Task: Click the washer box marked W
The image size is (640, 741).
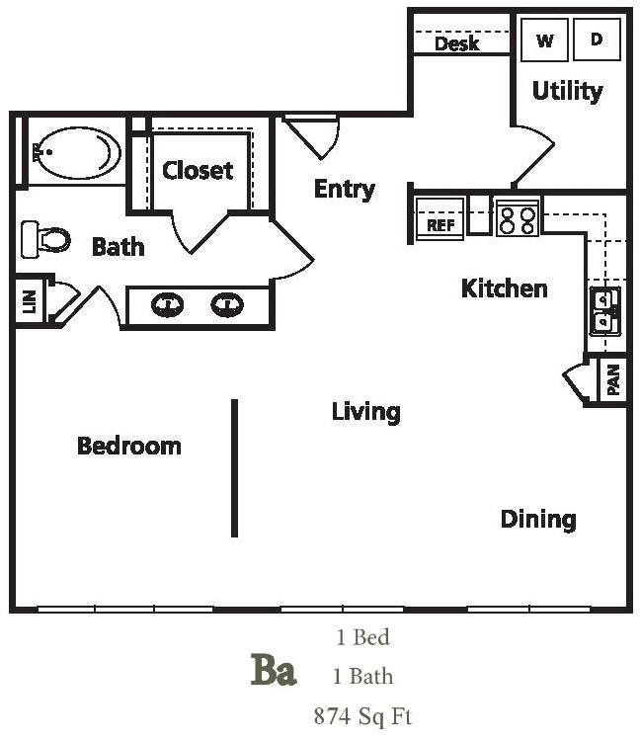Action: point(544,41)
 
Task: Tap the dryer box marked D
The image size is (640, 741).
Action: point(597,41)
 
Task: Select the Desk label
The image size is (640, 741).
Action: point(456,43)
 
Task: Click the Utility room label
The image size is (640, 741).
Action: point(567,91)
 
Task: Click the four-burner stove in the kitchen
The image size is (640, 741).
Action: point(517,217)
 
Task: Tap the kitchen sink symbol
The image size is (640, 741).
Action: point(604,312)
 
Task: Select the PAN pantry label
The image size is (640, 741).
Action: point(613,380)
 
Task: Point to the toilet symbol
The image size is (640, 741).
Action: point(46,238)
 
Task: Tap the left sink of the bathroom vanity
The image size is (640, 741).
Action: point(167,303)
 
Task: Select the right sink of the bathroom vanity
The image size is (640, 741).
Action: point(228,303)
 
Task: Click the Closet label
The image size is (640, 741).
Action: point(198,170)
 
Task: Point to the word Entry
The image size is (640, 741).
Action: point(344,189)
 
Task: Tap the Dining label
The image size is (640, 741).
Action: point(537,519)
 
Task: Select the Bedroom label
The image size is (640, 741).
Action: point(129,446)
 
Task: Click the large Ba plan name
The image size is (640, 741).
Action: point(273,672)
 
